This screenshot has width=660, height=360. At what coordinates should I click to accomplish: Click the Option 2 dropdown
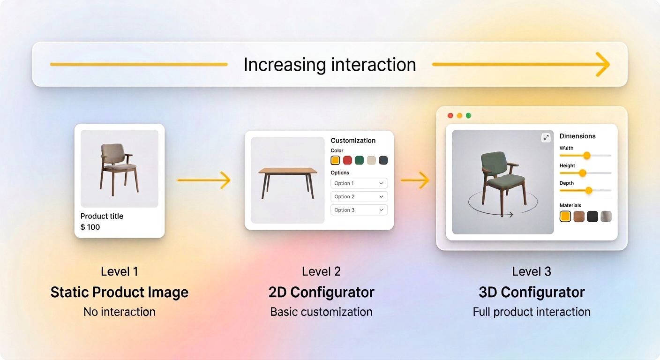pyautogui.click(x=359, y=196)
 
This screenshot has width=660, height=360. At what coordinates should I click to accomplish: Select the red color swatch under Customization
pyautogui.click(x=347, y=160)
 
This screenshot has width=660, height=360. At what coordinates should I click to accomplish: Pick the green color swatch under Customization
pyautogui.click(x=360, y=160)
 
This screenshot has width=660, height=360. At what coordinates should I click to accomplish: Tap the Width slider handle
pyautogui.click(x=586, y=155)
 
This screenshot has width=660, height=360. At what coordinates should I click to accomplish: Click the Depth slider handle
pyautogui.click(x=589, y=190)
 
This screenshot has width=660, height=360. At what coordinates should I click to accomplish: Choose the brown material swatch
pyautogui.click(x=579, y=216)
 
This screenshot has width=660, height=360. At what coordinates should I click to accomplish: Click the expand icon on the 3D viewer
pyautogui.click(x=546, y=137)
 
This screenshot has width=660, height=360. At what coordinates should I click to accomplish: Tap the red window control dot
pyautogui.click(x=450, y=116)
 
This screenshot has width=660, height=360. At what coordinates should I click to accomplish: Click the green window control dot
pyautogui.click(x=468, y=116)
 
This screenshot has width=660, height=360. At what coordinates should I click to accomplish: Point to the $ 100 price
pyautogui.click(x=90, y=227)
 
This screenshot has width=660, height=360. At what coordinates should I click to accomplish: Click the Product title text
pyautogui.click(x=102, y=216)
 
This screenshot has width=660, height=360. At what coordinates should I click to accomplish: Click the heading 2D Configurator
pyautogui.click(x=321, y=292)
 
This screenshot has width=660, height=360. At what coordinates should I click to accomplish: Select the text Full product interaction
pyautogui.click(x=532, y=312)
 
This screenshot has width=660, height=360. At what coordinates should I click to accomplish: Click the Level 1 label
pyautogui.click(x=120, y=271)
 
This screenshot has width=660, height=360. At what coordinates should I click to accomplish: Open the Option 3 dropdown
pyautogui.click(x=359, y=210)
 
